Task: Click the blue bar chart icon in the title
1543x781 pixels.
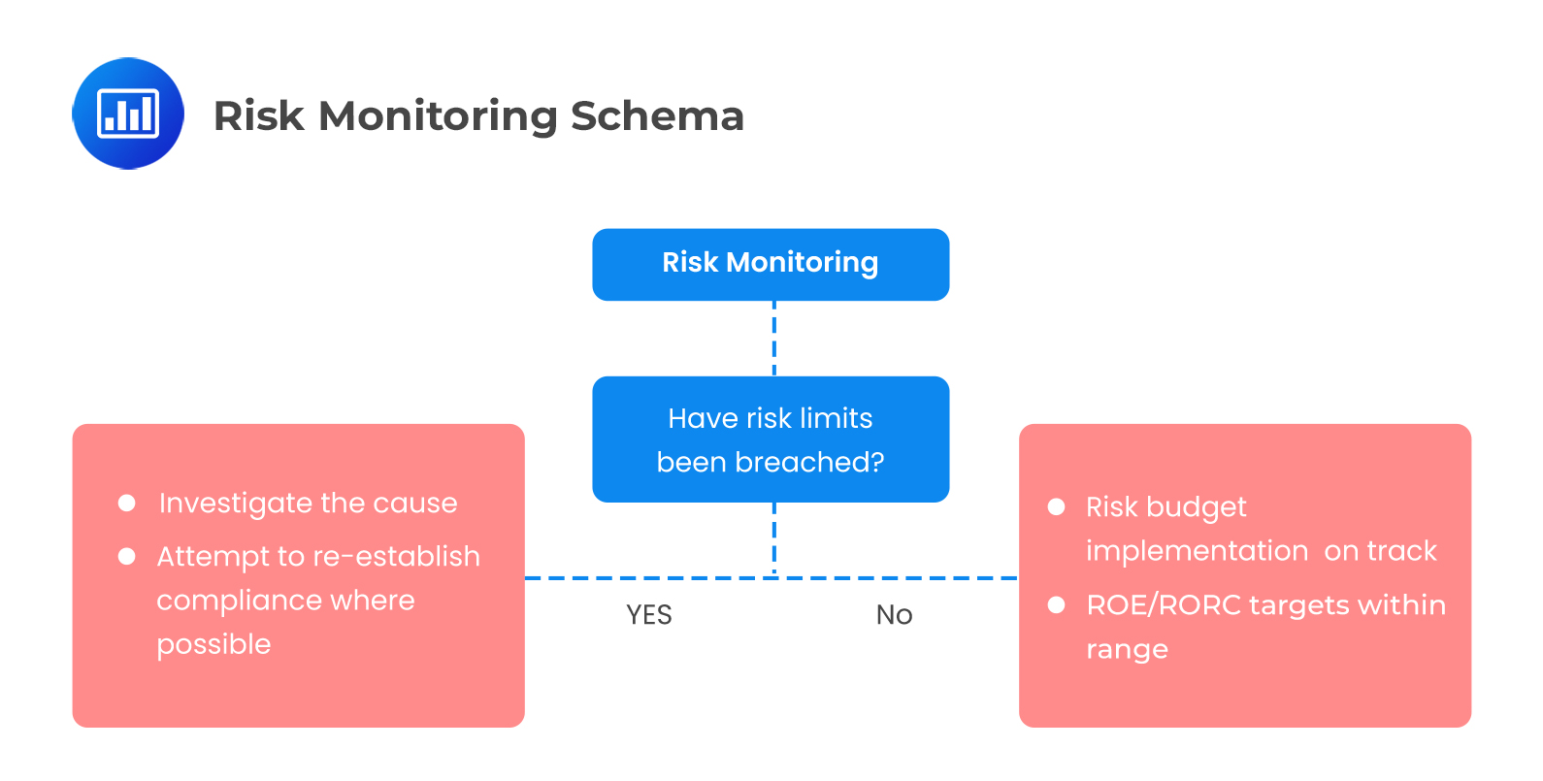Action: pos(128,114)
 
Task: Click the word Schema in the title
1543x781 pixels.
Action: pos(657,116)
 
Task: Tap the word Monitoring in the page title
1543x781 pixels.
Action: pos(438,116)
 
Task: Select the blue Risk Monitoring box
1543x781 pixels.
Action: pos(771,264)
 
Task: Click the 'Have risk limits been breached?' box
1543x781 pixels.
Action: pos(771,439)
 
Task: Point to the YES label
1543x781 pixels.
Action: pos(648,615)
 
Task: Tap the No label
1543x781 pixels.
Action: pos(894,615)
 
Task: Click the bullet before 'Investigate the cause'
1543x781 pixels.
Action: pos(126,503)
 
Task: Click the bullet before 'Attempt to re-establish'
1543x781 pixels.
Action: pos(126,556)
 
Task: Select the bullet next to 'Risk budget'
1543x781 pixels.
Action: pos(1057,506)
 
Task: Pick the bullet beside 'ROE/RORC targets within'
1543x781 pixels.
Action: pos(1057,605)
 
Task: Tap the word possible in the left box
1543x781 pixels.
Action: pos(213,645)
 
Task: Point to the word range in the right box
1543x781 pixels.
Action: pos(1127,650)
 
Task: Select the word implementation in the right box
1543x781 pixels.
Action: pos(1198,551)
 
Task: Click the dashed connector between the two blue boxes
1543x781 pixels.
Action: pos(773,339)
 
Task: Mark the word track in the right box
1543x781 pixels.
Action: pos(1401,551)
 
